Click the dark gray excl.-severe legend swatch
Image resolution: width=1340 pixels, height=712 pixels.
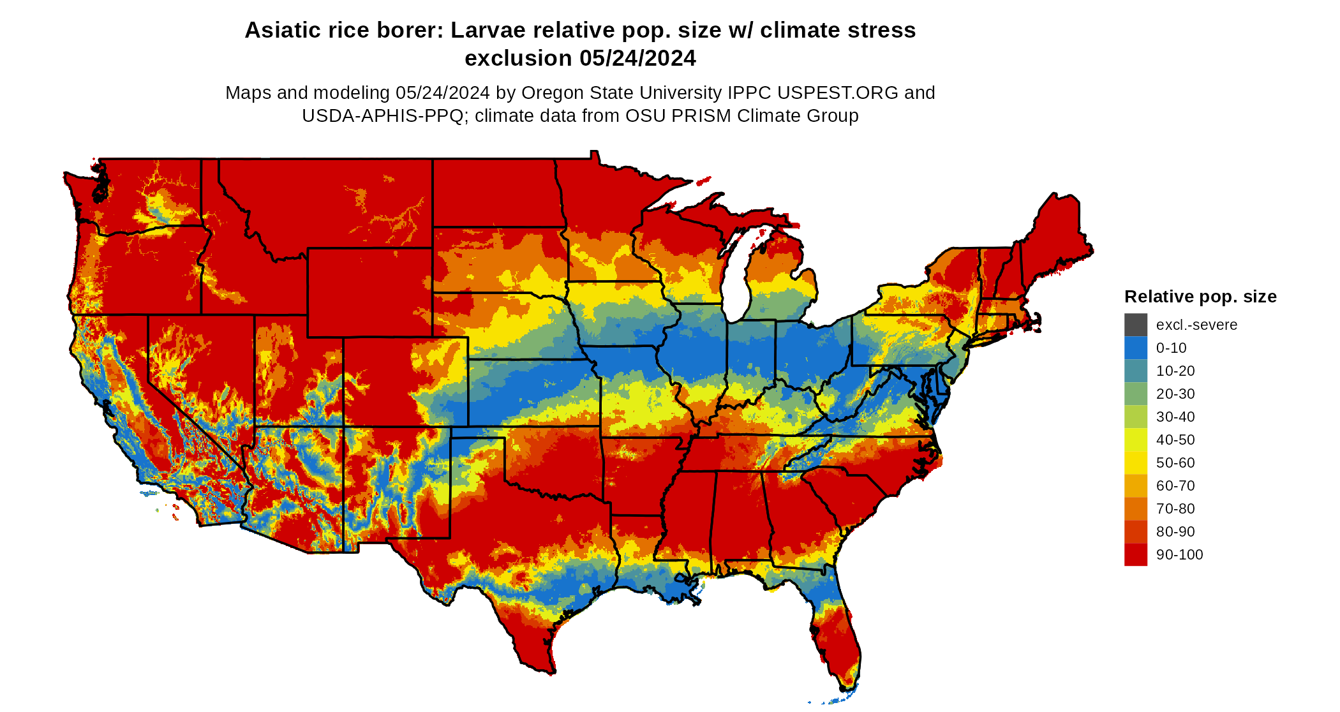point(1135,325)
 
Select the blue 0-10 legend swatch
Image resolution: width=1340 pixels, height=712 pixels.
point(1135,348)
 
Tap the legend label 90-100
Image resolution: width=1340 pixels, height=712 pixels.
point(1179,554)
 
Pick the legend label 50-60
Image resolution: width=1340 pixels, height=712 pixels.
point(1175,463)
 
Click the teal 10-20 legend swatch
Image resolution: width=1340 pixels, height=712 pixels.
point(1135,371)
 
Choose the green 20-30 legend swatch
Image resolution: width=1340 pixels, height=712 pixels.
point(1135,394)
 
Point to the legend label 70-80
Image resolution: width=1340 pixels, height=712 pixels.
point(1175,508)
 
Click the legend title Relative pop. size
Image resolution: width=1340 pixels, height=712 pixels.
point(1200,297)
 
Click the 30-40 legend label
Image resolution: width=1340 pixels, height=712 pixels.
point(1175,417)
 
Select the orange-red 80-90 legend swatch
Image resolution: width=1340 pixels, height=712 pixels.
point(1135,531)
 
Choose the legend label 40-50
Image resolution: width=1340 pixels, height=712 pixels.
point(1175,440)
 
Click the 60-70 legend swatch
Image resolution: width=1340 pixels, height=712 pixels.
point(1135,486)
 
